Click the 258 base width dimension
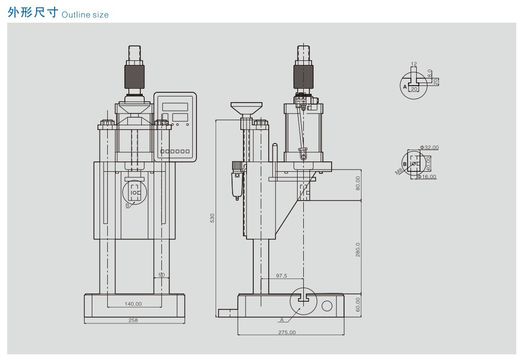(133, 320)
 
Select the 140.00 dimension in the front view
(133, 304)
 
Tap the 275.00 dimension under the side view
(287, 332)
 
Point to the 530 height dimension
(212, 218)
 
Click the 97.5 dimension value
(282, 276)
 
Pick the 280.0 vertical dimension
(358, 250)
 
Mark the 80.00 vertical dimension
(358, 183)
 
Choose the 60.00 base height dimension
(358, 304)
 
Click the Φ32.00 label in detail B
(430, 148)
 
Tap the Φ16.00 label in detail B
(427, 177)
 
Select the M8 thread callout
(399, 171)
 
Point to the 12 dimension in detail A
(414, 64)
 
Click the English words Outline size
(85, 15)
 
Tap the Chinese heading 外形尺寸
(33, 13)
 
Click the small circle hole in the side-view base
(327, 306)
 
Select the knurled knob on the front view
(134, 77)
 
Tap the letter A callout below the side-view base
(282, 320)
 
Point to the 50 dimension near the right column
(161, 275)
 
